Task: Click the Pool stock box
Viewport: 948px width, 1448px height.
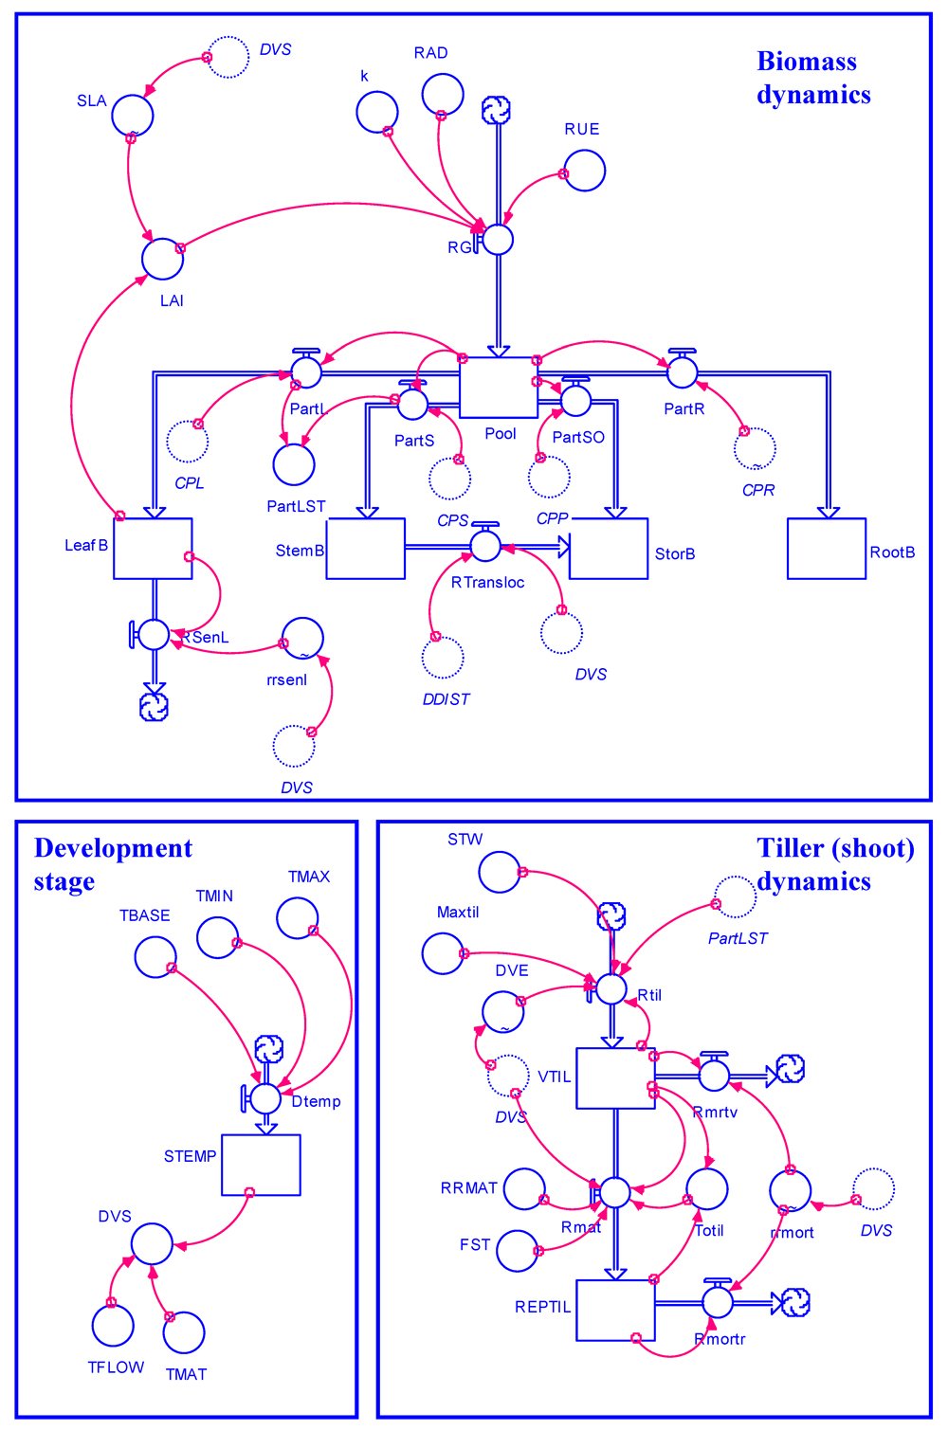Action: pos(499,388)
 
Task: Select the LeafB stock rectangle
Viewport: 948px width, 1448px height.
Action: pos(153,549)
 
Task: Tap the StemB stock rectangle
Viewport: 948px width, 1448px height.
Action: pos(366,549)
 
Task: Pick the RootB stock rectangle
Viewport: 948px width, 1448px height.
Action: pos(827,549)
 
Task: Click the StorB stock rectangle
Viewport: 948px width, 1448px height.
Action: pos(609,549)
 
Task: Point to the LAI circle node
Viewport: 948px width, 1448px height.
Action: pos(163,259)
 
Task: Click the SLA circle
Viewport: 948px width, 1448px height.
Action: pos(133,116)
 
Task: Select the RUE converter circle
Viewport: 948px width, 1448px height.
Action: pos(585,171)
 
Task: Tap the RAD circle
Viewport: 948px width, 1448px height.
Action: pos(443,95)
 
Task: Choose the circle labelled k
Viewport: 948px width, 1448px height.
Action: pos(377,112)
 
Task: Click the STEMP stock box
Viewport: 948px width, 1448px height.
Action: pos(262,1165)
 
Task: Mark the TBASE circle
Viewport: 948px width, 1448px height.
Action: pos(155,957)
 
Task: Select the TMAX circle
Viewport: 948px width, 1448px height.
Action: pos(298,917)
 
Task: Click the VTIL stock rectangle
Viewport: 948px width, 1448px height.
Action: pos(616,1078)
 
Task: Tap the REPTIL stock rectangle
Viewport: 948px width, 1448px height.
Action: pos(616,1311)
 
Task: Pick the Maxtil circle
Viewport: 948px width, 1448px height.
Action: pos(443,953)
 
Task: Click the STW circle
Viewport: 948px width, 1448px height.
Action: pos(500,872)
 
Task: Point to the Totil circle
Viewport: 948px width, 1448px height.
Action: pos(707,1189)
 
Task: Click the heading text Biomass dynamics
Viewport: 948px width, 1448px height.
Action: pos(813,78)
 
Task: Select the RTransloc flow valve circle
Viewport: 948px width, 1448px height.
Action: pos(485,546)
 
